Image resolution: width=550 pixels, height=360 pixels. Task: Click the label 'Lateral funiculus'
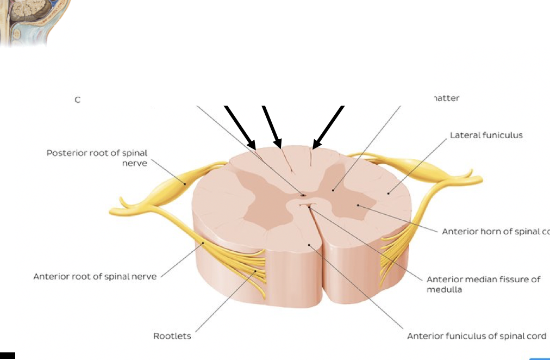pos(486,135)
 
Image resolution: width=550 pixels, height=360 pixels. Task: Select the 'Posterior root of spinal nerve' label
pos(97,158)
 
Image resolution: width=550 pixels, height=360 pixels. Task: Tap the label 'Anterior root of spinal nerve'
pos(95,276)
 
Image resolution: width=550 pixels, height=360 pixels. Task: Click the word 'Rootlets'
pos(172,336)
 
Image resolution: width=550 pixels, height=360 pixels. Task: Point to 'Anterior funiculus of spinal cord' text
pos(477,336)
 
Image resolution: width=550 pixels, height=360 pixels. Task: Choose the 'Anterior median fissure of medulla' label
pos(483,284)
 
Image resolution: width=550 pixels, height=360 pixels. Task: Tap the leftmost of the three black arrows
pos(240,127)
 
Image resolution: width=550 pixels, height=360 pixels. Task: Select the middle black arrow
pos(272,126)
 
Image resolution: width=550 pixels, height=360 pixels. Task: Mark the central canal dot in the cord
pos(303,194)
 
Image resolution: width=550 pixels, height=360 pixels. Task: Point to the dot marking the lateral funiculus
pos(388,193)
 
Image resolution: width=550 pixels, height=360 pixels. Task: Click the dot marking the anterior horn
pos(358,205)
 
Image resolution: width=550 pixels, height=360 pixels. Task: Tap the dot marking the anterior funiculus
pos(309,245)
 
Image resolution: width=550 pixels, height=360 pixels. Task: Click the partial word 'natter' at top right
pos(446,98)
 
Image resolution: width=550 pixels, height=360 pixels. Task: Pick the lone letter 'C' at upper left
pos(78,100)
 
